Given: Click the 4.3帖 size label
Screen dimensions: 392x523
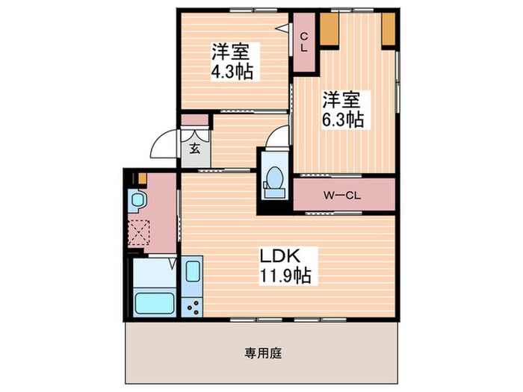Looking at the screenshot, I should (231, 72).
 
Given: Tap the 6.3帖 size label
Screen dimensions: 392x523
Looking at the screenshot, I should (343, 119).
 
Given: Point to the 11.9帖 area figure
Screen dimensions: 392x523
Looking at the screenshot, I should (285, 276).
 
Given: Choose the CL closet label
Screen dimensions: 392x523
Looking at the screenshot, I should (304, 42).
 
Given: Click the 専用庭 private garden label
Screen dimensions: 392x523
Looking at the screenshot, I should (261, 352).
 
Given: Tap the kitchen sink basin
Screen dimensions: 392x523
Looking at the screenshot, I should (192, 273).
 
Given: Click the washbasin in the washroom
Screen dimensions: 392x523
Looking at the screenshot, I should (137, 200).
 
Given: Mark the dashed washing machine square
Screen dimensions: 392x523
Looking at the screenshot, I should (139, 233).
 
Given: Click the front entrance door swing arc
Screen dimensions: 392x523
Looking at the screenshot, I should (162, 146).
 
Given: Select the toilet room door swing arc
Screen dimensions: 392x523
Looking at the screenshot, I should (278, 137).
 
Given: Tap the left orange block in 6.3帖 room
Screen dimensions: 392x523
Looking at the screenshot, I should (331, 28).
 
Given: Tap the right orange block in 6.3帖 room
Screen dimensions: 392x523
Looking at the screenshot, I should (389, 28).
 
